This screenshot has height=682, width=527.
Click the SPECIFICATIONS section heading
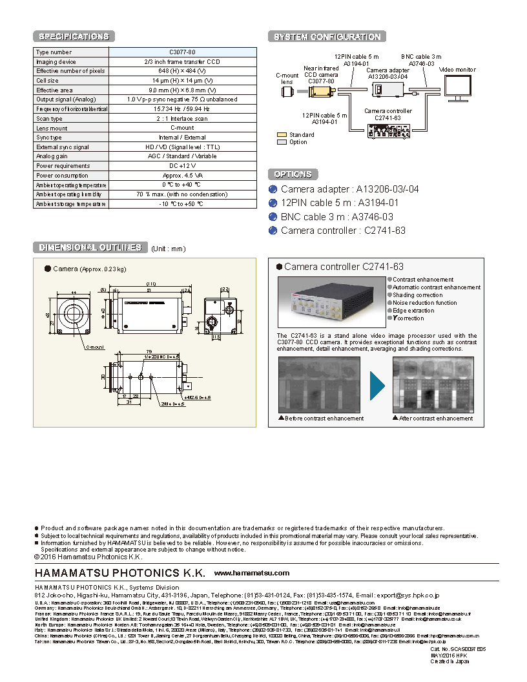[x=74, y=37]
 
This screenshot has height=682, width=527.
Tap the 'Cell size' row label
[x=47, y=81]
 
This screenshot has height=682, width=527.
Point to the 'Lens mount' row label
[x=52, y=128]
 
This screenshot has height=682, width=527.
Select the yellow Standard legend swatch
[x=281, y=135]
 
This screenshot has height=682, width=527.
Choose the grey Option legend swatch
[x=281, y=142]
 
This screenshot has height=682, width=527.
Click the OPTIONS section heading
[x=293, y=174]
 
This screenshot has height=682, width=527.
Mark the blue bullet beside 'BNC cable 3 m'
[x=273, y=217]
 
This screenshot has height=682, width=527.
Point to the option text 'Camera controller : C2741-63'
[x=343, y=231]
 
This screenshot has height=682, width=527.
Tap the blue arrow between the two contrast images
[x=377, y=386]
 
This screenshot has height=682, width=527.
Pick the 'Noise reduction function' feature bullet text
[x=425, y=303]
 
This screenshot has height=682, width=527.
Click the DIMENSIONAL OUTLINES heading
[x=90, y=247]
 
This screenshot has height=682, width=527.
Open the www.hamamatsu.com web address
[x=252, y=573]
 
